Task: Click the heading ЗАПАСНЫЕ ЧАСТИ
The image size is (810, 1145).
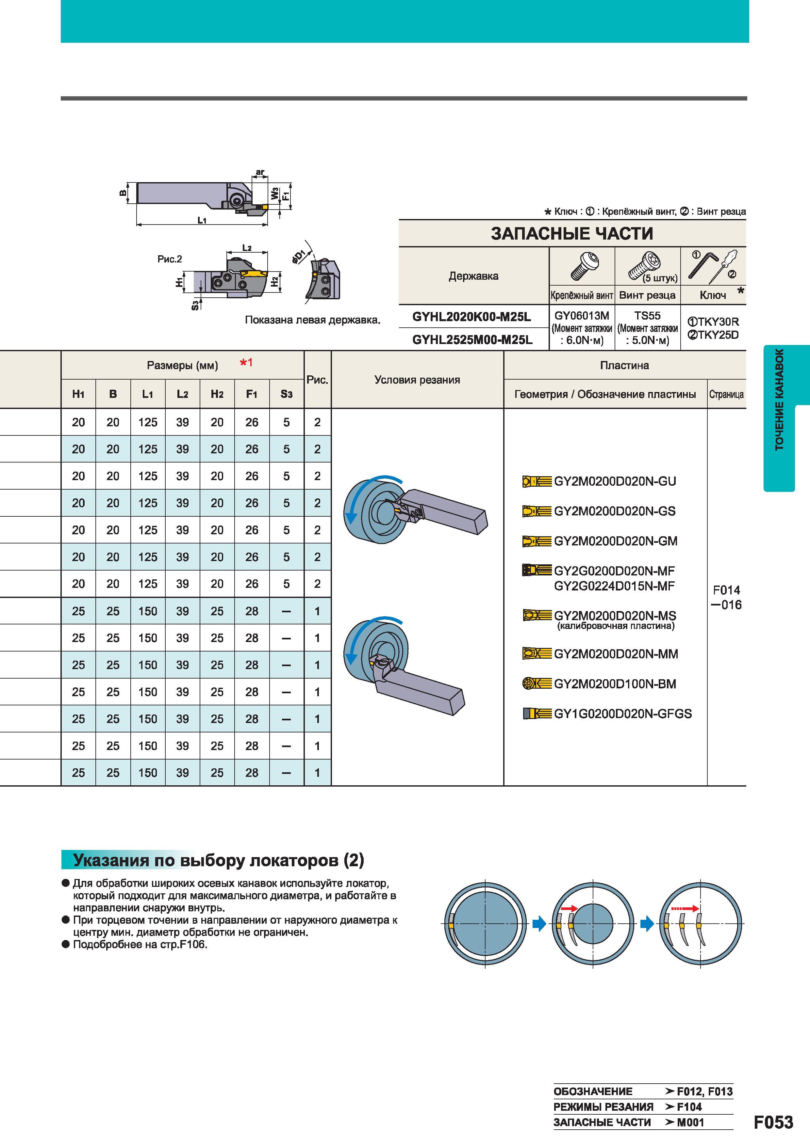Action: tap(572, 233)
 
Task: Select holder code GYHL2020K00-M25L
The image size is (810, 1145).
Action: tap(471, 317)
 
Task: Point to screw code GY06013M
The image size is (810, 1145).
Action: tap(582, 316)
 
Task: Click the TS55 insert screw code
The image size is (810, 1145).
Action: tap(647, 316)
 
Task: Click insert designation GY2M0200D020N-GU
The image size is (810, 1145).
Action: tap(615, 481)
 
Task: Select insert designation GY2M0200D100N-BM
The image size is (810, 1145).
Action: tap(615, 684)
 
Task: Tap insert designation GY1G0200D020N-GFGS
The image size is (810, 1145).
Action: tap(623, 714)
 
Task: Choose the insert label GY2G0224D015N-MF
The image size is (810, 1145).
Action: tap(614, 586)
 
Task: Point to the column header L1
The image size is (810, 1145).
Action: tap(148, 394)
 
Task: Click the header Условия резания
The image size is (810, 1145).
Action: tap(417, 380)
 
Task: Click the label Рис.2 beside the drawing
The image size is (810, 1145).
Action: tap(170, 259)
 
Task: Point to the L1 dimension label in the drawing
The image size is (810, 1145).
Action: tap(202, 220)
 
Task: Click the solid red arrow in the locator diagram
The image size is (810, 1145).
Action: tap(569, 909)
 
